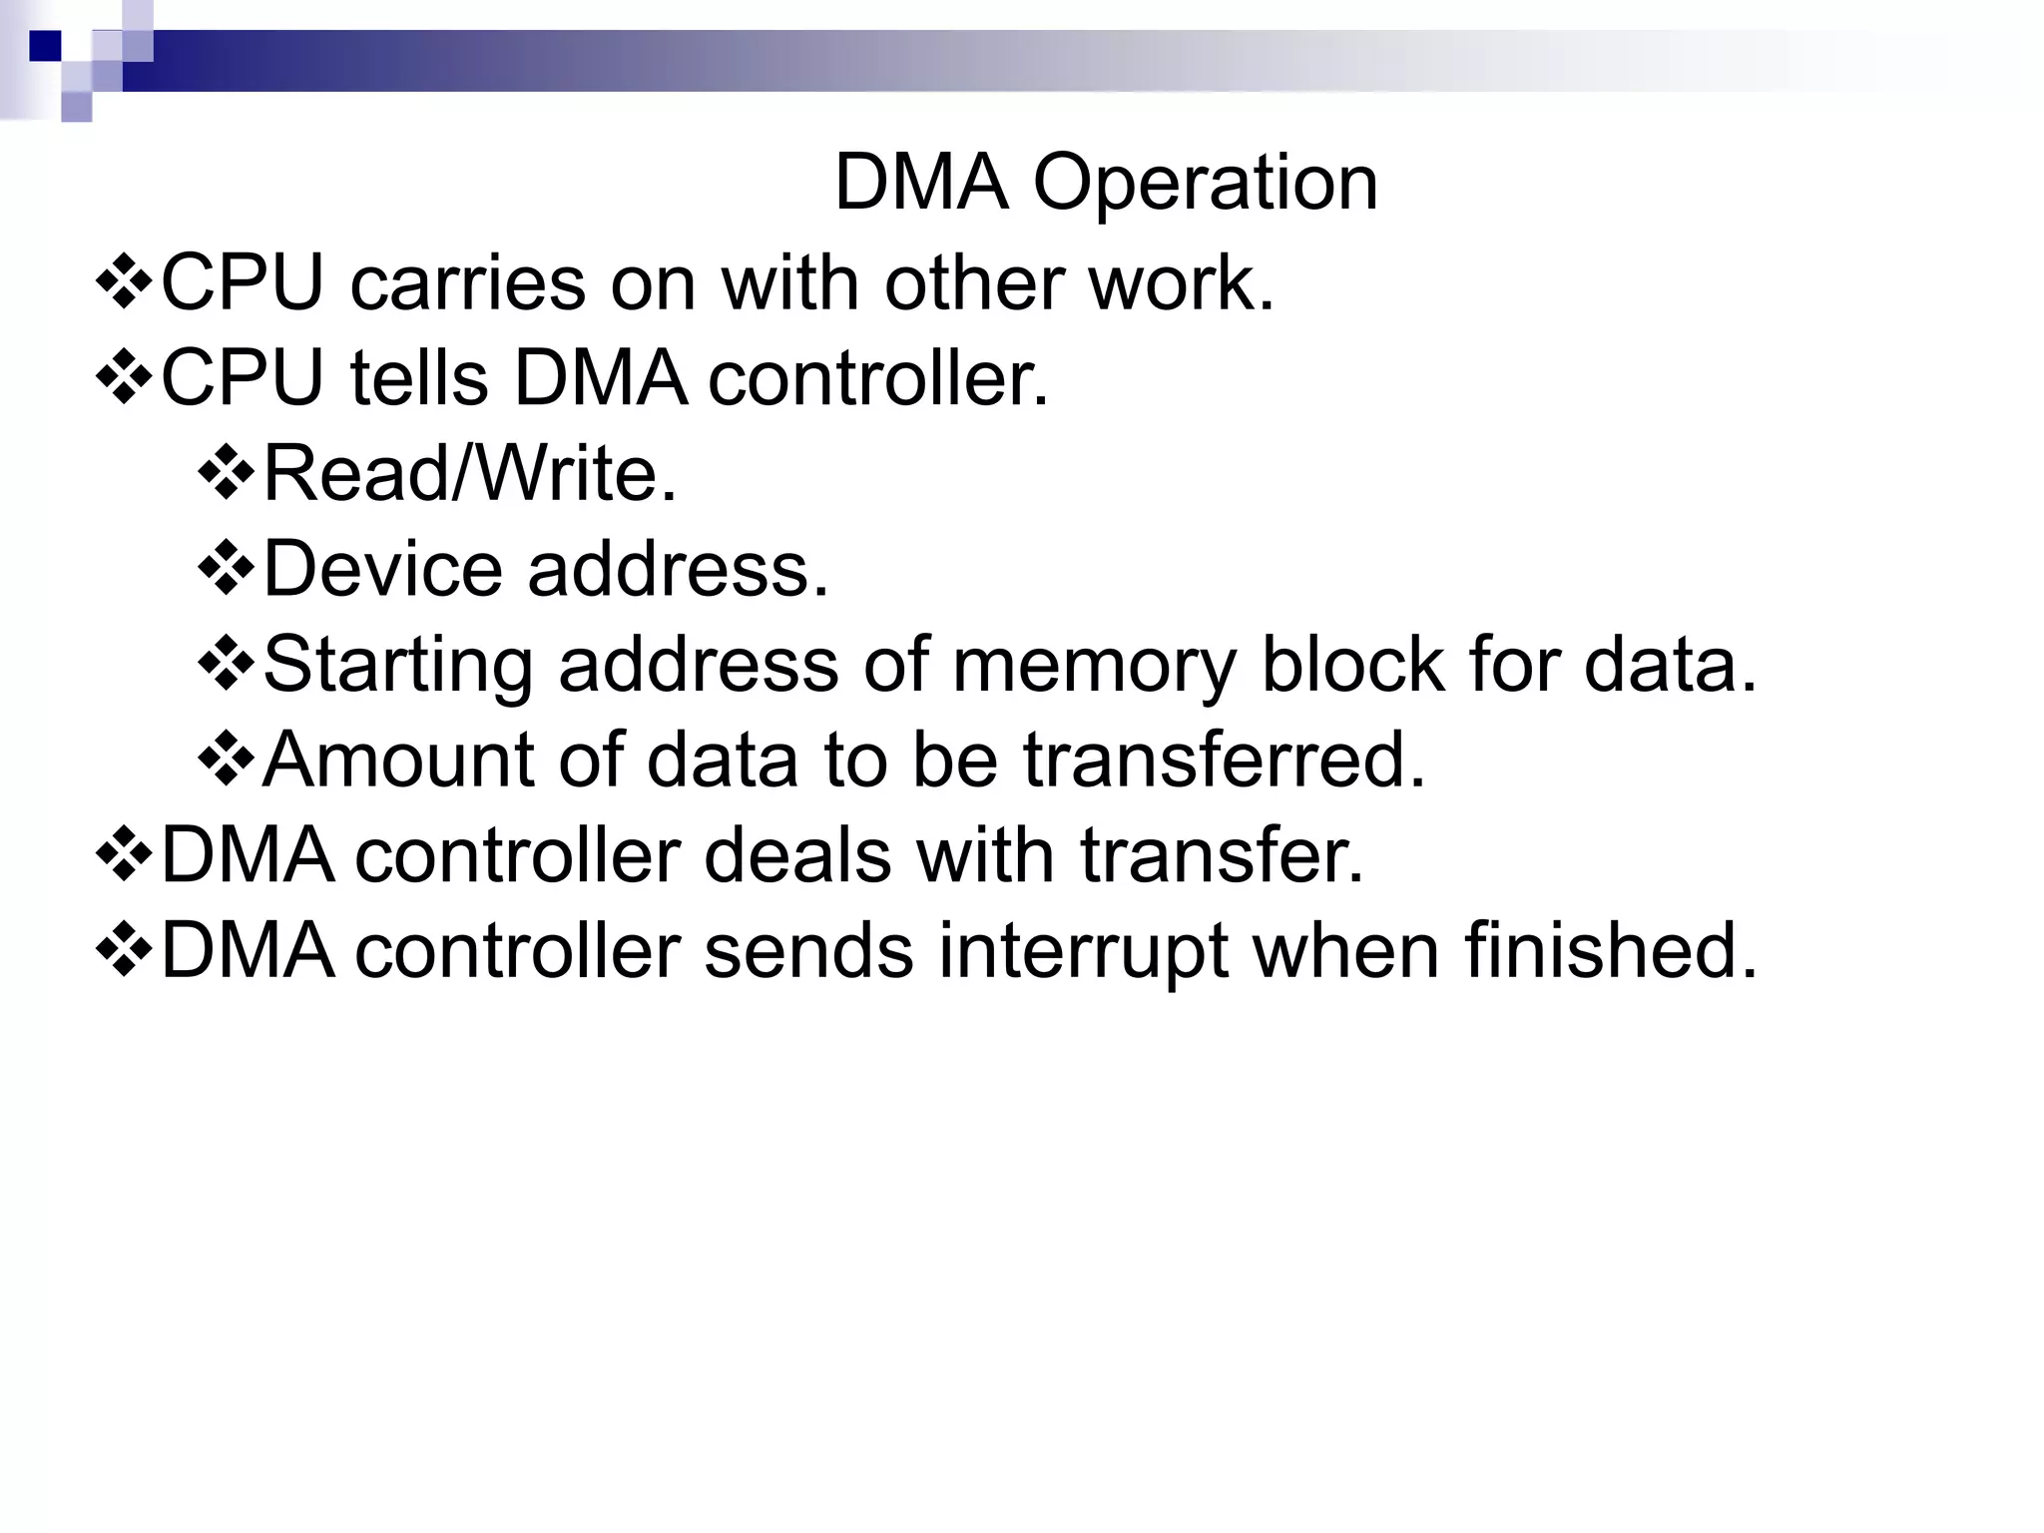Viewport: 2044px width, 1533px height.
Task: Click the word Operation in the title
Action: click(1205, 184)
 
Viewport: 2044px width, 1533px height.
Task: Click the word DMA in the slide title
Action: click(920, 184)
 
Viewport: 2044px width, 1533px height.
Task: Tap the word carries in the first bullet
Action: click(467, 283)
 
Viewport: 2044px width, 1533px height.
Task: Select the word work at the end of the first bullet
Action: click(1180, 283)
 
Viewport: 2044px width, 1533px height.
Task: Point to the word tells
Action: click(419, 379)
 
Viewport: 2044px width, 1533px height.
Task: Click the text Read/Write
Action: click(469, 473)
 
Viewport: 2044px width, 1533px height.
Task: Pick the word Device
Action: click(382, 569)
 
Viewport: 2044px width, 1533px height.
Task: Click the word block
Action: click(1353, 665)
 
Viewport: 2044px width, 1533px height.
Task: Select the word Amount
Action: click(397, 761)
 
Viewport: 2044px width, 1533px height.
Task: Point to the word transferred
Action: click(1224, 761)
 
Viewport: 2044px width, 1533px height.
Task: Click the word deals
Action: click(796, 856)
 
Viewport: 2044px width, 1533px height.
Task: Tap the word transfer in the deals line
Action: click(1220, 856)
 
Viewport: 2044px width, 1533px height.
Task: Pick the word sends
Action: click(808, 950)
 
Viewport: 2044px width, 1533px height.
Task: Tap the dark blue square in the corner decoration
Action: click(45, 46)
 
